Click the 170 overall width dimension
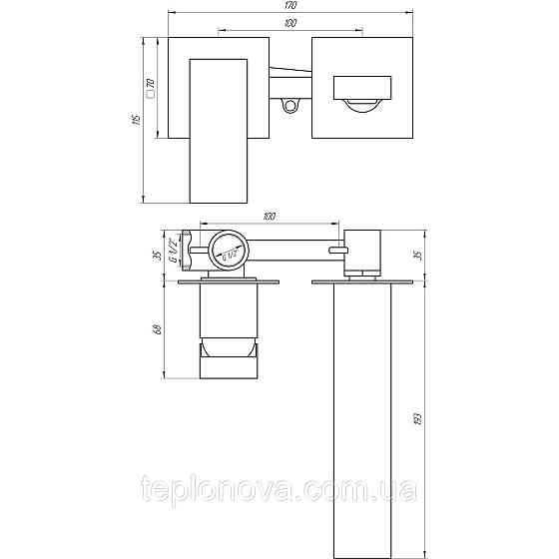pyautogui.click(x=290, y=6)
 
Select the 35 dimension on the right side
pyautogui.click(x=416, y=254)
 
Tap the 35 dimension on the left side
pyautogui.click(x=157, y=254)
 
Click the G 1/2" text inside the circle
pyautogui.click(x=230, y=251)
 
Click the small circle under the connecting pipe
pyautogui.click(x=290, y=104)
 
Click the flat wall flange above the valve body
pyautogui.click(x=229, y=281)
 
